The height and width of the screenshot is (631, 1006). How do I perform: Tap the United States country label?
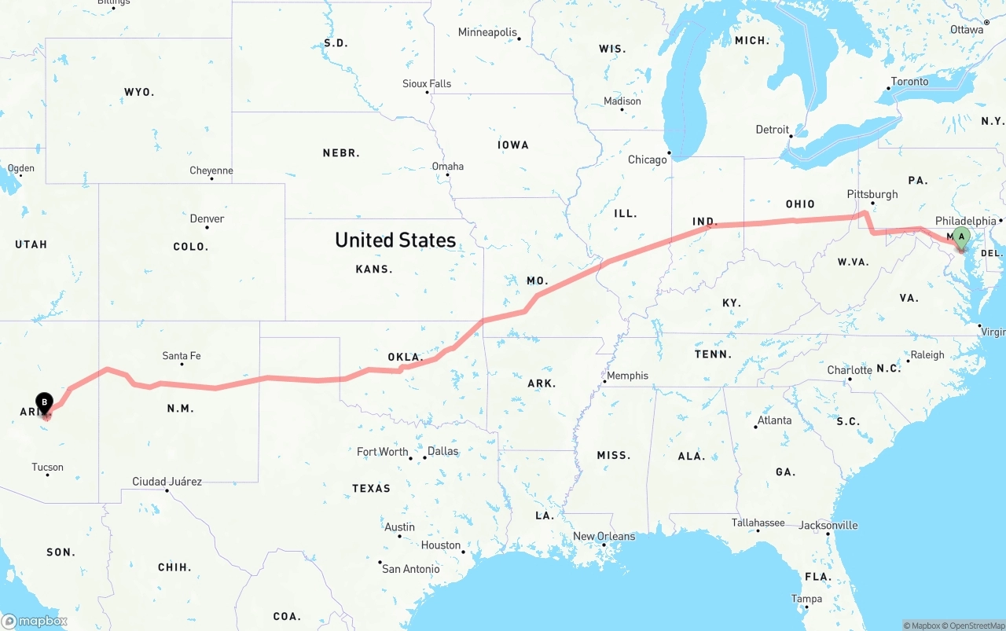pyautogui.click(x=395, y=240)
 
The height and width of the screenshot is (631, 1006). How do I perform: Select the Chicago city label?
pyautogui.click(x=647, y=160)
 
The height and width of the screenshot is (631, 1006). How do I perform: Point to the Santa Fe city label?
pyautogui.click(x=181, y=356)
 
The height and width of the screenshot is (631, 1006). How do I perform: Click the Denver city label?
pyautogui.click(x=207, y=218)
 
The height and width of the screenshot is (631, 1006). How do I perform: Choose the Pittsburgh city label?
pyautogui.click(x=872, y=194)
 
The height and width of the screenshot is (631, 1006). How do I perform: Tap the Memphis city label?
pyautogui.click(x=628, y=376)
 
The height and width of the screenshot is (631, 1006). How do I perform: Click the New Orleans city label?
pyautogui.click(x=604, y=536)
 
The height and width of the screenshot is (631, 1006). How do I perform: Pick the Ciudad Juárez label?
pyautogui.click(x=167, y=481)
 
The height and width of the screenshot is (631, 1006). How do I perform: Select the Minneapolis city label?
pyautogui.click(x=487, y=32)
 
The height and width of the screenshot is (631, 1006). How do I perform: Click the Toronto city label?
pyautogui.click(x=909, y=82)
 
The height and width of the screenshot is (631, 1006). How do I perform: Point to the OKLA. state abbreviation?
pyautogui.click(x=406, y=357)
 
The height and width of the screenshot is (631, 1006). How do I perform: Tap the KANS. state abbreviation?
pyautogui.click(x=374, y=269)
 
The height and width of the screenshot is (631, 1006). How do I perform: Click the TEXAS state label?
pyautogui.click(x=371, y=488)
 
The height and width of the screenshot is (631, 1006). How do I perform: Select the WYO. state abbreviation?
pyautogui.click(x=139, y=92)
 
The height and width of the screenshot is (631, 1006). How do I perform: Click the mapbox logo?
pyautogui.click(x=35, y=621)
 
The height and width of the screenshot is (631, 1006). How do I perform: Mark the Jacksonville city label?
pyautogui.click(x=828, y=525)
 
